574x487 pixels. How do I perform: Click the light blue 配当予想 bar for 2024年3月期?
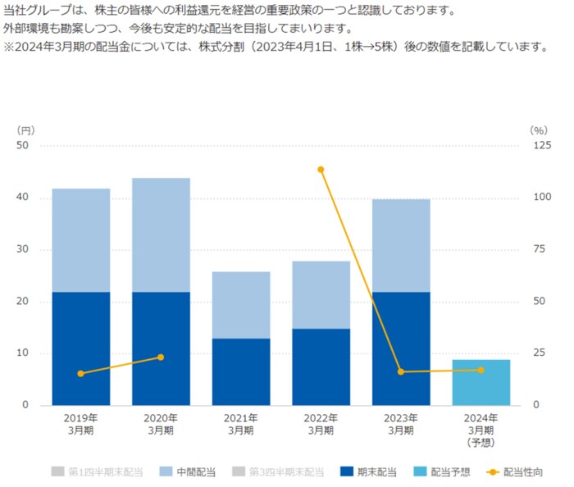pyautogui.click(x=481, y=383)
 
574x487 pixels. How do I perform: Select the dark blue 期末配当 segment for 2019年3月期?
pyautogui.click(x=80, y=348)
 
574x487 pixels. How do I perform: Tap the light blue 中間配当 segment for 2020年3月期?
pyautogui.click(x=161, y=235)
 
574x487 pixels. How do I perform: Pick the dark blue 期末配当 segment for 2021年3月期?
pyautogui.click(x=240, y=371)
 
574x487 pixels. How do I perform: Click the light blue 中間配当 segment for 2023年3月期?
pyautogui.click(x=400, y=245)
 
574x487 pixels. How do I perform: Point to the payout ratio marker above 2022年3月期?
pyautogui.click(x=321, y=170)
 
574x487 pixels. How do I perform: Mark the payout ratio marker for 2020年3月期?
pyautogui.click(x=161, y=357)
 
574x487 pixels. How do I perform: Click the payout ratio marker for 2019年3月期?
pyautogui.click(x=80, y=374)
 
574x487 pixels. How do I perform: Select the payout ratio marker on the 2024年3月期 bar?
pyautogui.click(x=481, y=370)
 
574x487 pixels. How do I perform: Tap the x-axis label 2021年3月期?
pyautogui.click(x=240, y=424)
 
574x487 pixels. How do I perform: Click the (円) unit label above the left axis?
pyautogui.click(x=25, y=130)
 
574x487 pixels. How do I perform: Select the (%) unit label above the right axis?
pyautogui.click(x=538, y=130)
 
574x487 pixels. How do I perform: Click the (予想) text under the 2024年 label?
pyautogui.click(x=481, y=443)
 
